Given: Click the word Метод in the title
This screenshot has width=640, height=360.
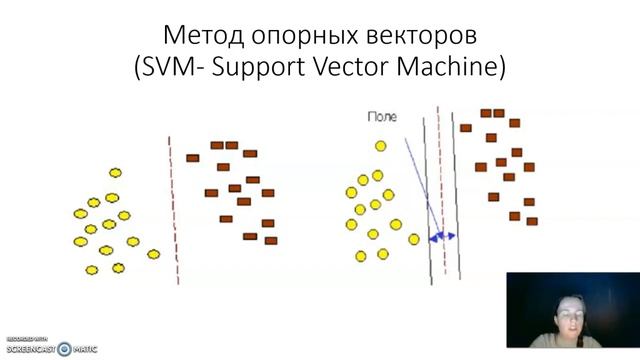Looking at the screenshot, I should click(201, 37).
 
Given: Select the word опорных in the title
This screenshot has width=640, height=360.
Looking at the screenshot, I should click(300, 37).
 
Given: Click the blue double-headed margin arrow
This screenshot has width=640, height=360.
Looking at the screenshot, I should click(441, 237).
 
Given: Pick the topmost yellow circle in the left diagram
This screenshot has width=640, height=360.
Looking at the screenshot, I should click(115, 173).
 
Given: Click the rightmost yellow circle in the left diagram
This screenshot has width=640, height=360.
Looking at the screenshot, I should click(153, 254).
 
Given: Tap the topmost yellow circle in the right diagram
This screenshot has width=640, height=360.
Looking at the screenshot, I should click(380, 147).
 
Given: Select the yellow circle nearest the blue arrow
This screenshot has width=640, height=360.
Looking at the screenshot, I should click(414, 239).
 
